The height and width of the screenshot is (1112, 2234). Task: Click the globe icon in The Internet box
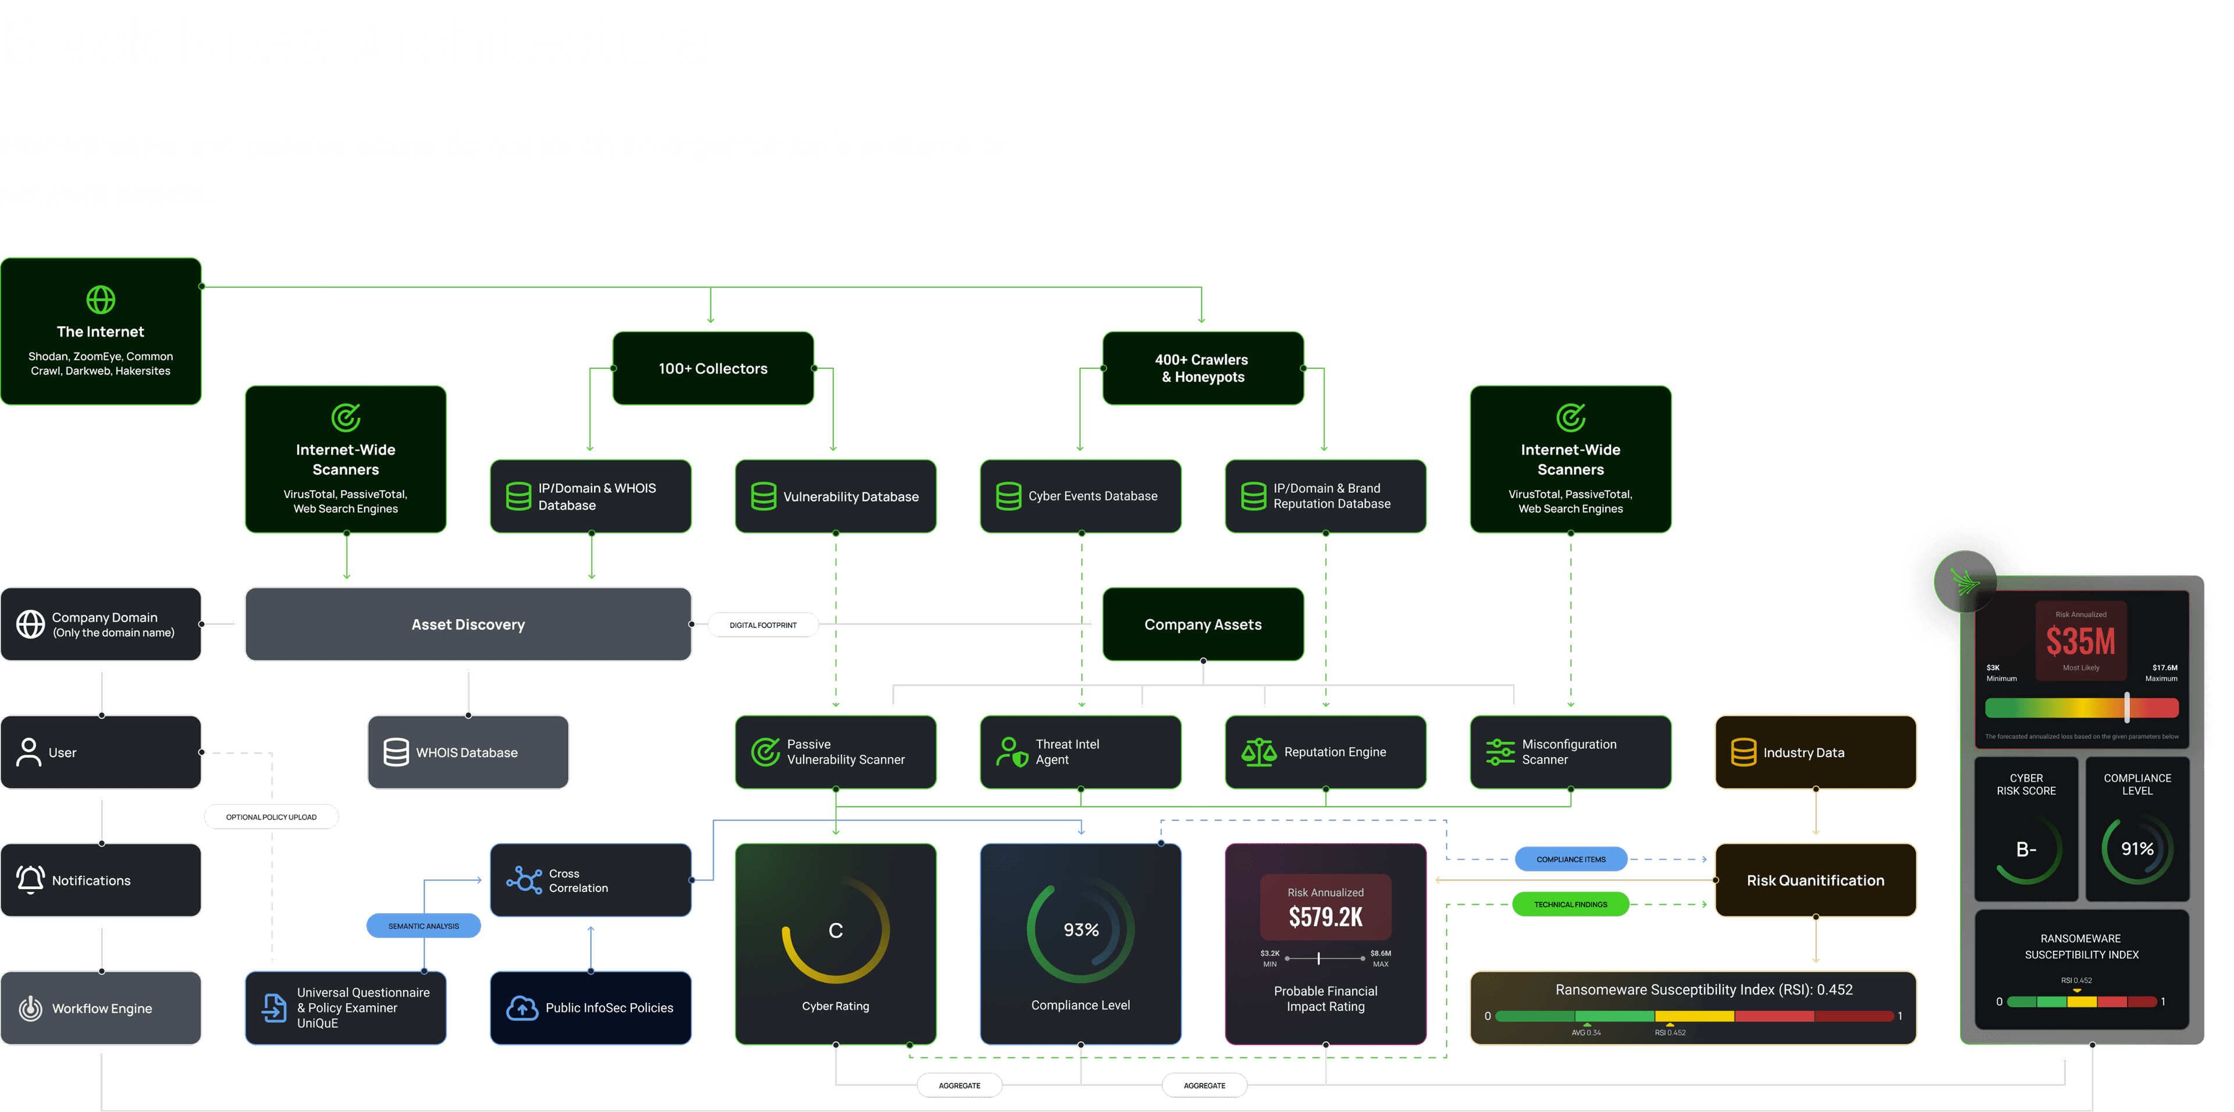(x=101, y=299)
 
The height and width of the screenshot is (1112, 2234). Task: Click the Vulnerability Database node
(x=835, y=496)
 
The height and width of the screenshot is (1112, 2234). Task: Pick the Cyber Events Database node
(x=1080, y=496)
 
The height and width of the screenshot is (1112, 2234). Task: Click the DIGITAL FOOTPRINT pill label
(x=762, y=624)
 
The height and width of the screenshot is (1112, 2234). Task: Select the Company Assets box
(x=1202, y=624)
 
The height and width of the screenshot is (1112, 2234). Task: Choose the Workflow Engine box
(x=101, y=1008)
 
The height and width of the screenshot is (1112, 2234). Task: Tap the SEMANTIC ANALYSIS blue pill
(x=423, y=926)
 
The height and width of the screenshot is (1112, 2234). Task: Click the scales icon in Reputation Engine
(x=1258, y=752)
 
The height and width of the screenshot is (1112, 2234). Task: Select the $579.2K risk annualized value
(x=1325, y=917)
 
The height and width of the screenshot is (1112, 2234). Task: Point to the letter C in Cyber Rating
(x=835, y=930)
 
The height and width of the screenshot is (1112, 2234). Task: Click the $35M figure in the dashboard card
(x=2080, y=642)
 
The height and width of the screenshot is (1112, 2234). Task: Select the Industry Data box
(x=1815, y=752)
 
